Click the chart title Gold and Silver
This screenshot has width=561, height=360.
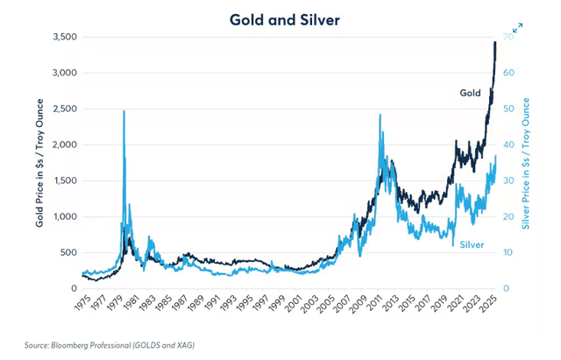pos(280,17)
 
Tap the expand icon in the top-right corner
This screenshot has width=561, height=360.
pos(518,28)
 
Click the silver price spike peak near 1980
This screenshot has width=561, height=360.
pos(124,111)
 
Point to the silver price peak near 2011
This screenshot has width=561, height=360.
pos(380,116)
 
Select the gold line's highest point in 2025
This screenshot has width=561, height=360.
pos(495,42)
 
